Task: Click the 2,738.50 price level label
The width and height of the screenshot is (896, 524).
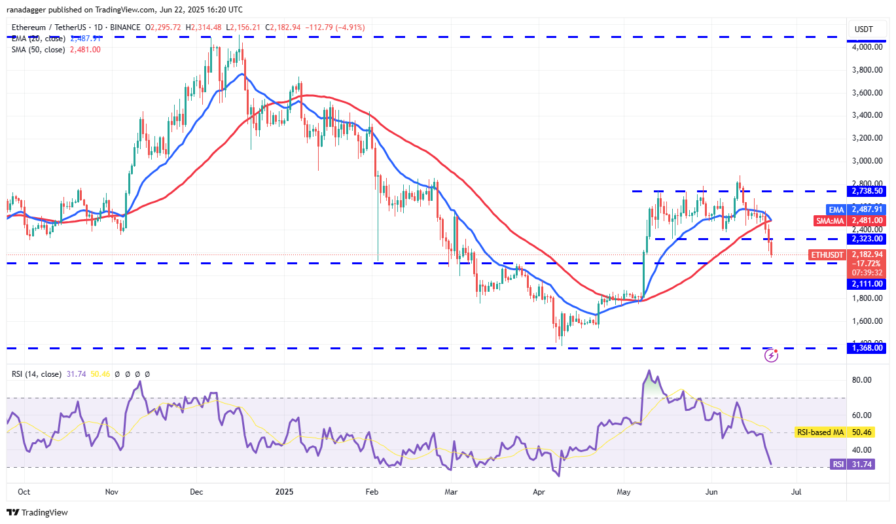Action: (x=866, y=191)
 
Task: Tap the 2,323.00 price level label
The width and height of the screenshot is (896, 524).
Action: (x=866, y=239)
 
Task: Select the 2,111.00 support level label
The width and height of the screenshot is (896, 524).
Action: (x=866, y=284)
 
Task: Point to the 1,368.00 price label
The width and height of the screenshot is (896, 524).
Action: (x=866, y=348)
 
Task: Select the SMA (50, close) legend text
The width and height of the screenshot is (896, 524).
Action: (x=38, y=49)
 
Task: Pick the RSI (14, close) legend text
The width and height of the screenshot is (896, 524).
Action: (x=37, y=374)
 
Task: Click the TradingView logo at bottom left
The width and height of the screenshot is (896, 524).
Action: (x=37, y=512)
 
